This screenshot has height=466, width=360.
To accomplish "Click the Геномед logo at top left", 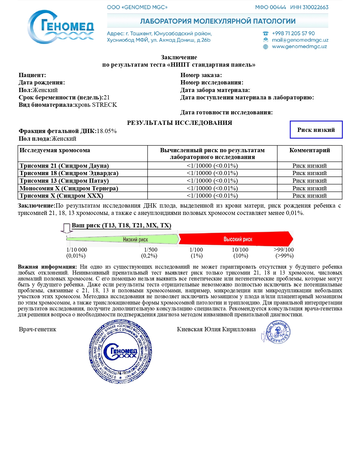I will tap(61, 27).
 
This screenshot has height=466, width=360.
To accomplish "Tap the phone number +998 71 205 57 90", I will tap(293, 33).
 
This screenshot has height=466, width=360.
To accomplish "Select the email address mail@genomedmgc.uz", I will tap(300, 40).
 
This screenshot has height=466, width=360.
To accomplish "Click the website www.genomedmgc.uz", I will tap(299, 47).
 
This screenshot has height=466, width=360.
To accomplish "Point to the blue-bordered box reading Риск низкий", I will tap(316, 130).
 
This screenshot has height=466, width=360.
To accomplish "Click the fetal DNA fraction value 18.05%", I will tap(106, 131).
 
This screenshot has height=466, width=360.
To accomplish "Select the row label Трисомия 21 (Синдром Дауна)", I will tap(64, 166).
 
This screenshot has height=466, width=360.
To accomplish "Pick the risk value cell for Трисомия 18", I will tap(212, 173).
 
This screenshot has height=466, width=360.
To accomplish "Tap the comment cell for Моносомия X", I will tap(309, 188).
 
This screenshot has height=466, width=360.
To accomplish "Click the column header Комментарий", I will tap(309, 150).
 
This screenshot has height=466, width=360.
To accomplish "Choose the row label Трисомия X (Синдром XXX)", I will tap(61, 196).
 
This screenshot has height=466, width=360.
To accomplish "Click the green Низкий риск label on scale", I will tap(135, 239).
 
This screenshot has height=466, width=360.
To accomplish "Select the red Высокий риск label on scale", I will tap(238, 239).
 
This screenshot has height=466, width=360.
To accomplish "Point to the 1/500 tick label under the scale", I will tap(150, 250).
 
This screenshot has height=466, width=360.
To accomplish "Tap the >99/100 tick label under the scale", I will tap(284, 250).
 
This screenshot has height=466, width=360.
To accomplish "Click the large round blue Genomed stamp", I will tap(120, 351).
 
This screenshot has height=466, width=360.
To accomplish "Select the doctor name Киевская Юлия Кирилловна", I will tap(216, 329).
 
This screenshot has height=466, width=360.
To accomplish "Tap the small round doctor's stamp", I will tap(277, 332).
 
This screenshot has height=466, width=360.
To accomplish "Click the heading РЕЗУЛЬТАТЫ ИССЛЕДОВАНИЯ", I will tap(180, 123).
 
